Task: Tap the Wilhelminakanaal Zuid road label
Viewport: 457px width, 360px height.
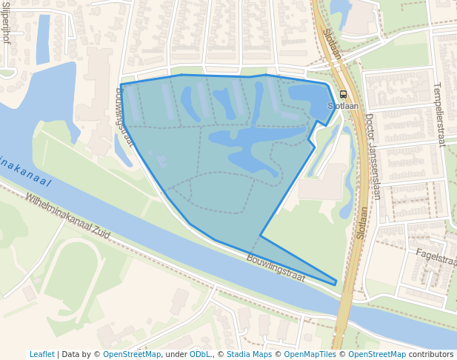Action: click(67, 216)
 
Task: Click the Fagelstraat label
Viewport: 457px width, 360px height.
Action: click(436, 256)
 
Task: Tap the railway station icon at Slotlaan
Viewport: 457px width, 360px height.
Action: click(343, 95)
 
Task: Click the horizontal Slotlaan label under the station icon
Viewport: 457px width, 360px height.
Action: click(343, 106)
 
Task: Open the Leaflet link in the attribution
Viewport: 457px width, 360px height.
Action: click(42, 354)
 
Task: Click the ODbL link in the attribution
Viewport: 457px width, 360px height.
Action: click(200, 354)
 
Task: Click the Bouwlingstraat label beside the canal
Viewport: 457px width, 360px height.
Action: click(276, 268)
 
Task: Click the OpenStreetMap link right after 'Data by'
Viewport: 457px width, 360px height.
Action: click(132, 354)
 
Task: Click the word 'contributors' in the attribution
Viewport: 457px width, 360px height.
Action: click(431, 354)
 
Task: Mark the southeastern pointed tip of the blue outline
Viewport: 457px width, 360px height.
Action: click(336, 283)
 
